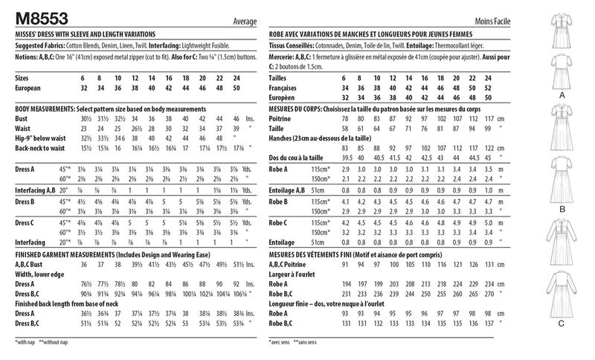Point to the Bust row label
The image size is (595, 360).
[x=22, y=118]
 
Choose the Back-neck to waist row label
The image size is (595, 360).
[x=41, y=150]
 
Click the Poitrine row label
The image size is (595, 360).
[x=283, y=118]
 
